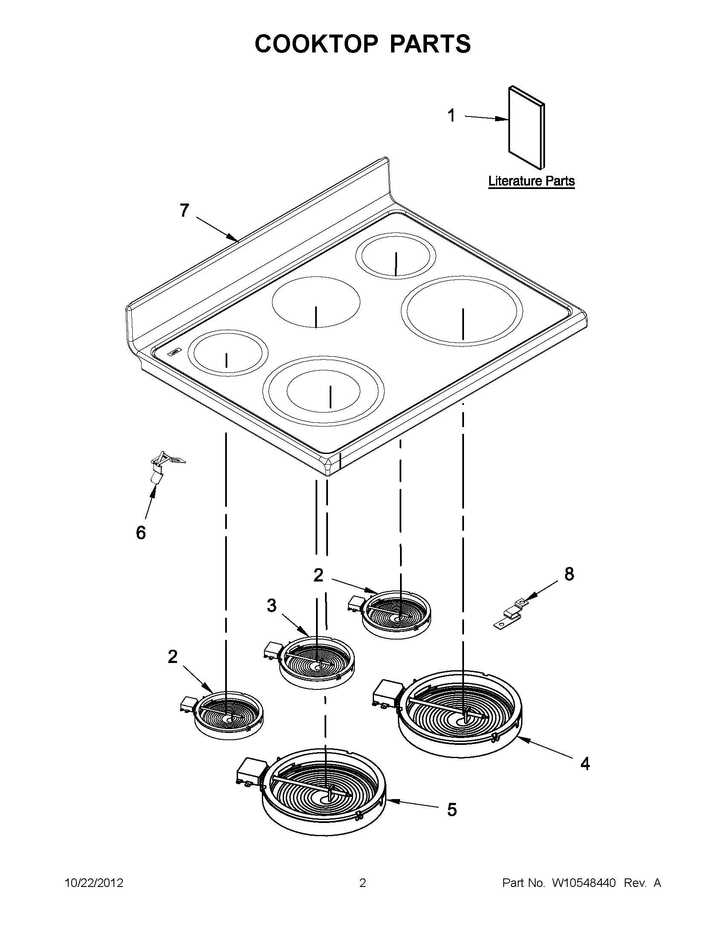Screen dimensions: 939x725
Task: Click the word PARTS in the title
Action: pos(430,44)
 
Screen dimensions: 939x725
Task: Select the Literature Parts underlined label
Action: pos(531,181)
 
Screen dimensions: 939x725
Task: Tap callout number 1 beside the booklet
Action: pos(451,116)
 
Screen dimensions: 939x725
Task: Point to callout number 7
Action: pos(184,211)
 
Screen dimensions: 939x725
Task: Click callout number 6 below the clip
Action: pos(141,533)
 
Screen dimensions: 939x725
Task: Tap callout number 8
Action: pos(569,573)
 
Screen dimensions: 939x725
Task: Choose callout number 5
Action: pos(452,810)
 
